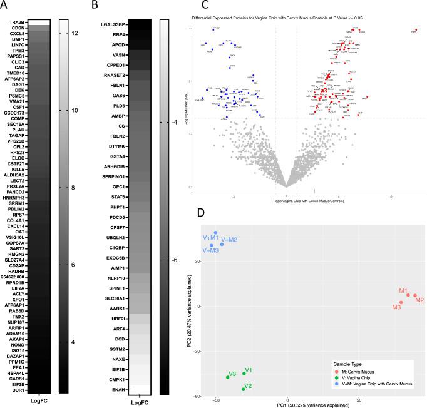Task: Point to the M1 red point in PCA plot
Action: [x=408, y=294]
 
